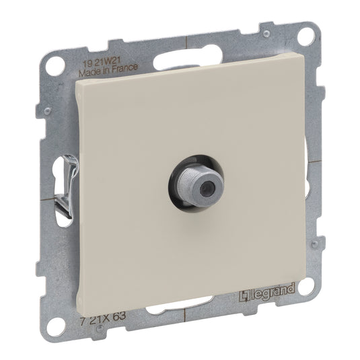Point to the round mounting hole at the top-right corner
(305, 36)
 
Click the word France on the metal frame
(125, 68)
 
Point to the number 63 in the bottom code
(119, 316)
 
